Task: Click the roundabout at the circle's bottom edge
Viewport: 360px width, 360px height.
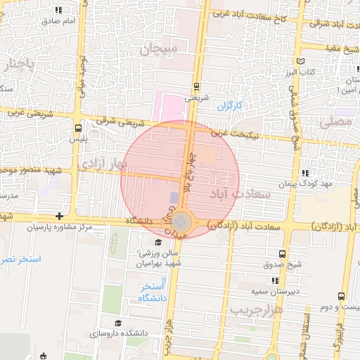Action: click(182, 222)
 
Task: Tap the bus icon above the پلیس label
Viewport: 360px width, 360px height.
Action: click(77, 129)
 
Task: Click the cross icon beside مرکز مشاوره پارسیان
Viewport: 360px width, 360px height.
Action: click(60, 217)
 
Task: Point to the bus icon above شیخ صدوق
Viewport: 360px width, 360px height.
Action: click(282, 254)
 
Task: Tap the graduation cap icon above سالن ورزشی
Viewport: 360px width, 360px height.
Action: click(157, 243)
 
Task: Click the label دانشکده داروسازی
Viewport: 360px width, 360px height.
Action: click(117, 333)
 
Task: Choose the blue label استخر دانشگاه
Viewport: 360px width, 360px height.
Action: click(152, 292)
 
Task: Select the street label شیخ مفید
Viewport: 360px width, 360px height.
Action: click(342, 49)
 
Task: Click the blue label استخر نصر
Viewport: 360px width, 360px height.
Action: click(21, 260)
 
